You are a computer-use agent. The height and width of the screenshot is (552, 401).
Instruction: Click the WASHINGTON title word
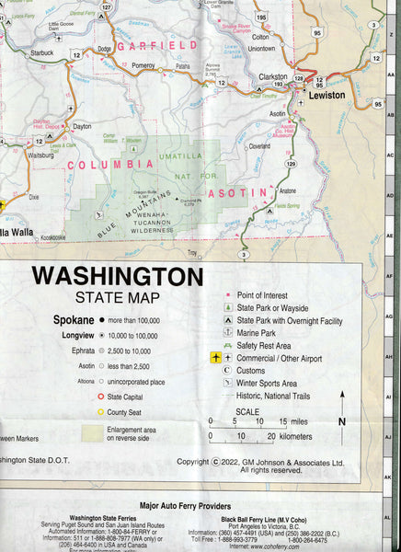(x=118, y=276)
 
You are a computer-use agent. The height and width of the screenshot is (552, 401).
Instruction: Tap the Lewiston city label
(x=327, y=95)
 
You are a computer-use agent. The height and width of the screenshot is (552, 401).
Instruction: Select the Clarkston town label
(x=272, y=75)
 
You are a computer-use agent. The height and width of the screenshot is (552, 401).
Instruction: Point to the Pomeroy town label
(x=143, y=66)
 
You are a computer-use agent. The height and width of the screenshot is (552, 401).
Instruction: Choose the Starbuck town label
(x=42, y=53)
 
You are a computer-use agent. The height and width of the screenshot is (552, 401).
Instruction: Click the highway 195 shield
(x=260, y=17)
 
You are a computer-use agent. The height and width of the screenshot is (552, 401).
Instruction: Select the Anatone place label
(x=288, y=190)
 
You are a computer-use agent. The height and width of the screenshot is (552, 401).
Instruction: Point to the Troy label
(x=192, y=252)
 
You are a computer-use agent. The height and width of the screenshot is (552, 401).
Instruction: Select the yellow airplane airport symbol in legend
(x=216, y=357)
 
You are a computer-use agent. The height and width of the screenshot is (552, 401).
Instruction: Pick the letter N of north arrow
(x=342, y=421)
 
